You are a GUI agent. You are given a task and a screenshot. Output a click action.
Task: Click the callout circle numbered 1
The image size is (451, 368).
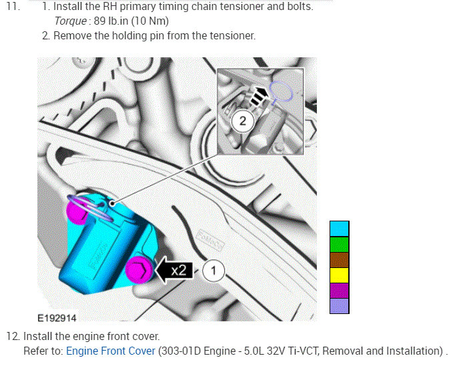click(x=213, y=271)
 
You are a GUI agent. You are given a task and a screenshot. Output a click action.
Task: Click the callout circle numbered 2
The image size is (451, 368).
click(x=242, y=121)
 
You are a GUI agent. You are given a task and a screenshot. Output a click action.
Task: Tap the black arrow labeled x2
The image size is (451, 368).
click(x=175, y=270)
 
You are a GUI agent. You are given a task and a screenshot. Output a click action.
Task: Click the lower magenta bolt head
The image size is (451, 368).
click(x=139, y=270)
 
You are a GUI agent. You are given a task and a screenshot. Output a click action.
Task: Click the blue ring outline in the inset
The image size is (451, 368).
click(x=280, y=92)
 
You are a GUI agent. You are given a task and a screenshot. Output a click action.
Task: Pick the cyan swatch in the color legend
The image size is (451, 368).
click(x=340, y=229)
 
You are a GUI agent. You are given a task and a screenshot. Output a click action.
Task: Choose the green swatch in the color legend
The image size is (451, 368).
click(x=340, y=245)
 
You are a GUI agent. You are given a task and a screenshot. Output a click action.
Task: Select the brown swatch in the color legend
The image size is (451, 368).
click(x=340, y=260)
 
